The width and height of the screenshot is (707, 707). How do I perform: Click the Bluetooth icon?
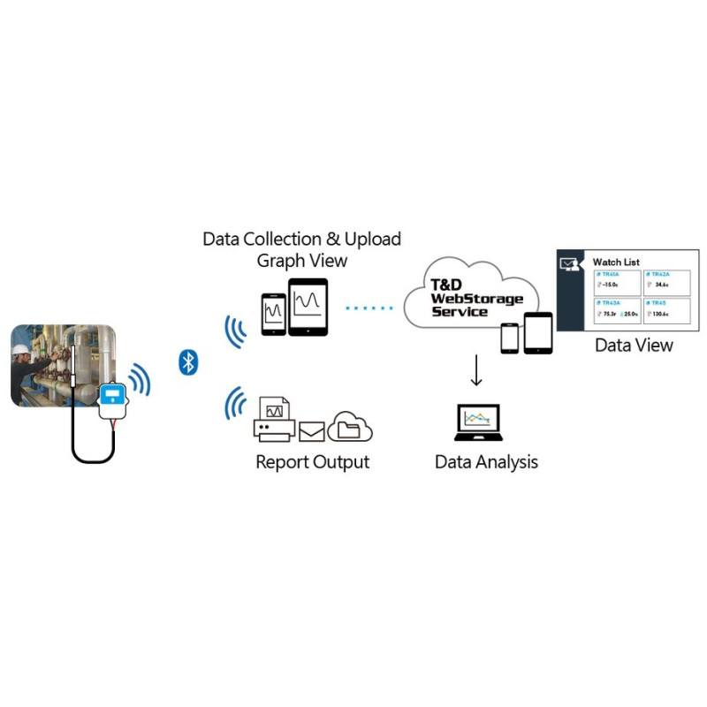[x=187, y=361]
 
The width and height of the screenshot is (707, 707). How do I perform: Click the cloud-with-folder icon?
[x=350, y=427]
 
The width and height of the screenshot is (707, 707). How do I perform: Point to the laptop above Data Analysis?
[x=477, y=423]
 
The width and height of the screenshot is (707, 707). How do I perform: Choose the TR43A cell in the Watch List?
[x=616, y=311]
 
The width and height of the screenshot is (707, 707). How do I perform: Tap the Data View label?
[x=634, y=346]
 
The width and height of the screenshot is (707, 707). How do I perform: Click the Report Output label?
[x=312, y=462]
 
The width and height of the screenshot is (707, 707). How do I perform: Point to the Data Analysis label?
[x=486, y=462]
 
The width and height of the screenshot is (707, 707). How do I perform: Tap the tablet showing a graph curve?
[x=308, y=307]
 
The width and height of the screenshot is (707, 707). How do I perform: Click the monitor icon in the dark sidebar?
[x=570, y=263]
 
